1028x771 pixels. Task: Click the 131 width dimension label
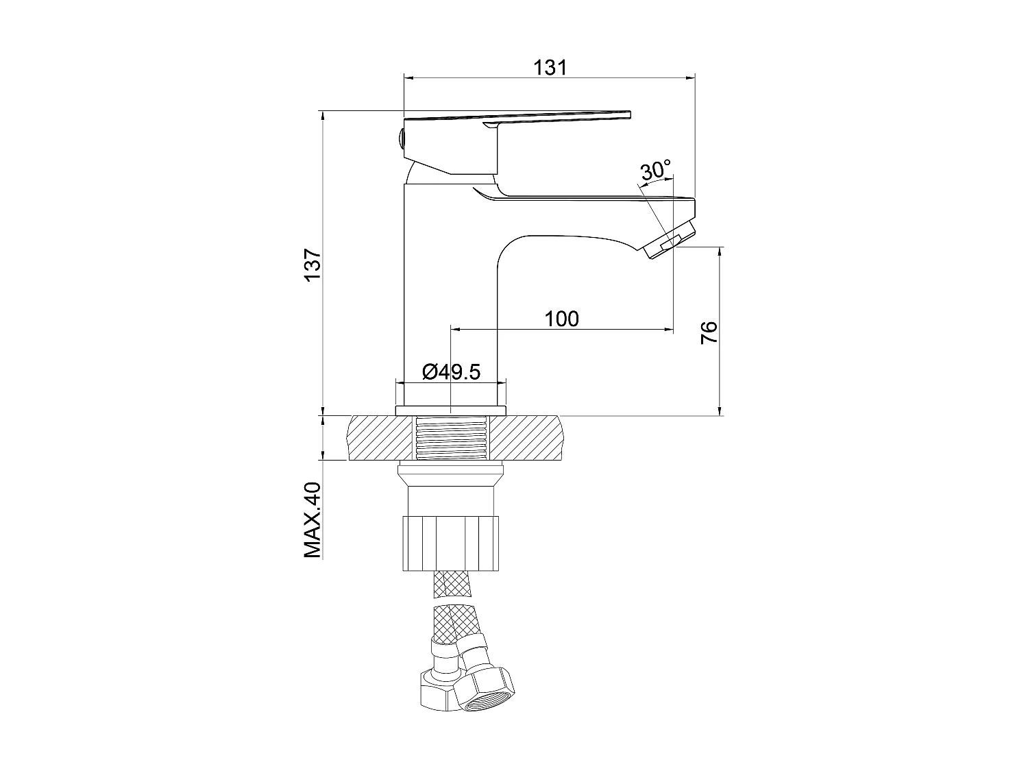(550, 67)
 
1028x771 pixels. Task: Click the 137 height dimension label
(313, 264)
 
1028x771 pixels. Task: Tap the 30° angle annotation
(655, 170)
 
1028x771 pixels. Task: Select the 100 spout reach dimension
(561, 319)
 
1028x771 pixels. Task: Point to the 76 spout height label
(709, 332)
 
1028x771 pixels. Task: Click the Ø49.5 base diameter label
(451, 372)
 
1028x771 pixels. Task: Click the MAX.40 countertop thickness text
(313, 520)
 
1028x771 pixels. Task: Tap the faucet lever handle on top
(521, 117)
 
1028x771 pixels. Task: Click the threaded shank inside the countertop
(451, 437)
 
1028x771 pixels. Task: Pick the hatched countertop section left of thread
(380, 437)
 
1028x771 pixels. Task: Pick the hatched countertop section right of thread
(528, 437)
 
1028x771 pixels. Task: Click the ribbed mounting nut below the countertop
(451, 545)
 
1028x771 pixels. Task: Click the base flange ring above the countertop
(451, 410)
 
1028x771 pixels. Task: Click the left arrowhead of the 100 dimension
(455, 330)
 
